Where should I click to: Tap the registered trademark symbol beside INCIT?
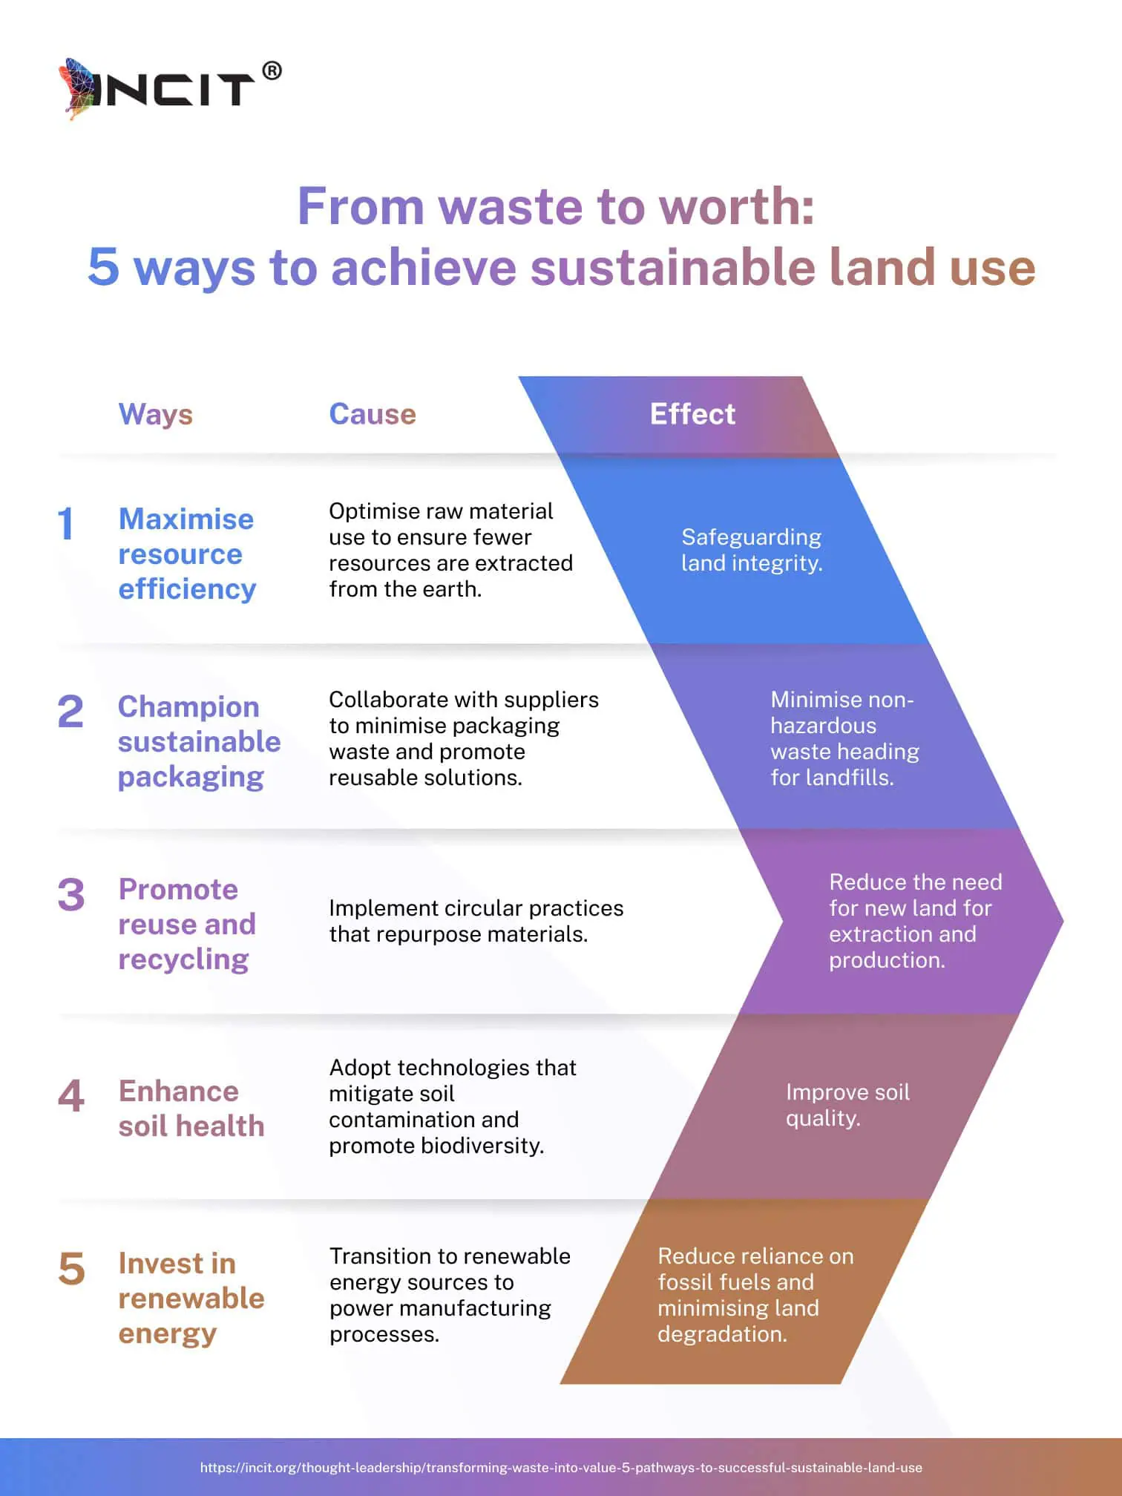coord(272,71)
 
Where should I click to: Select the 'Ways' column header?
coord(156,414)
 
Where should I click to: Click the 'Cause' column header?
coord(373,414)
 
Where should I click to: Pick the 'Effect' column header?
coord(692,414)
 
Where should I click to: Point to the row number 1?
coord(66,523)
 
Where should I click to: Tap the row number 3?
coord(70,895)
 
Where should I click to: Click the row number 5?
coord(71,1269)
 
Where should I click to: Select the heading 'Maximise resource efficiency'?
coord(187,554)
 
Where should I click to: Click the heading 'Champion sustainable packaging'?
coord(199,741)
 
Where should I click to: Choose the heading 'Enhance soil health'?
coord(191,1109)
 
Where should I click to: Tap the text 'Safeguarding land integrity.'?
coord(752,550)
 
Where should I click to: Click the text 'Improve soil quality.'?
coord(847,1105)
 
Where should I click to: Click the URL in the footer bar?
coord(561,1467)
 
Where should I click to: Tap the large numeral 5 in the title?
coord(103,267)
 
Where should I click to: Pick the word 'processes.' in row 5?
coord(384,1334)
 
